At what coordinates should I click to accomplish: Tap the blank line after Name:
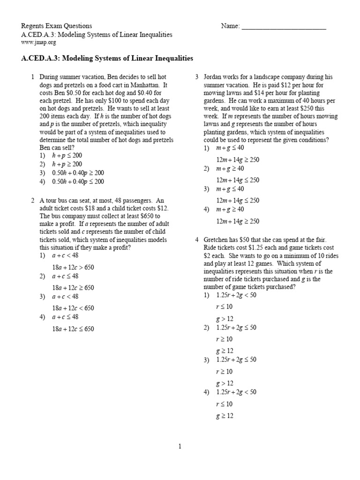[284, 27]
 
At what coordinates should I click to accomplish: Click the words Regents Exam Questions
[57, 26]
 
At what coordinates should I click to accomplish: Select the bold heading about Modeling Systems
[107, 59]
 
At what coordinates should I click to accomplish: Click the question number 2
[33, 201]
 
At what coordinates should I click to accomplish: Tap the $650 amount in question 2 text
[151, 216]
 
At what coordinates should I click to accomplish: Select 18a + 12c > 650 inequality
[73, 267]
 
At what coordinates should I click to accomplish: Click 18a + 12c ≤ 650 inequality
[73, 329]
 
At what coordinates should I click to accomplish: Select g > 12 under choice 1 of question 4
[225, 318]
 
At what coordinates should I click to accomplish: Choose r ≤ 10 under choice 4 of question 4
[224, 404]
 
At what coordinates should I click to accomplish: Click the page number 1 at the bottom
[180, 447]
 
